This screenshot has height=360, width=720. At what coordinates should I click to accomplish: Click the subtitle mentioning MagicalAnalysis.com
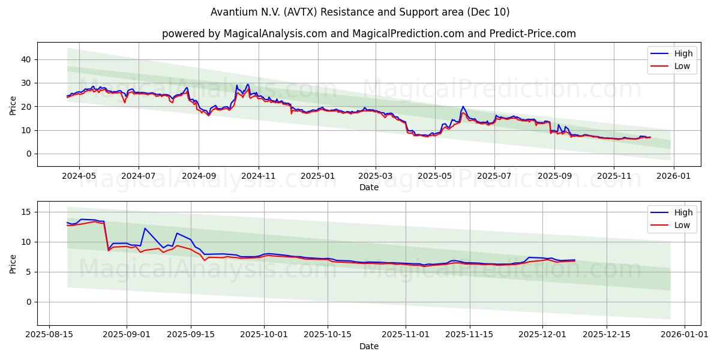[x=368, y=34]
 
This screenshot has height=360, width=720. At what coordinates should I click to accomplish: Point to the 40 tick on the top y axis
[x=26, y=59]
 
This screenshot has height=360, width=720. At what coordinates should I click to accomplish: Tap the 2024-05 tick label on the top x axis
[x=79, y=177]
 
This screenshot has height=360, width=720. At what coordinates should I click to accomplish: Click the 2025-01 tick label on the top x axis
[x=317, y=177]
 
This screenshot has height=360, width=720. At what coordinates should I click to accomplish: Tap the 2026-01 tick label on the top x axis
[x=673, y=177]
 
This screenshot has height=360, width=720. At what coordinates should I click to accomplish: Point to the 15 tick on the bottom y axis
[x=26, y=212]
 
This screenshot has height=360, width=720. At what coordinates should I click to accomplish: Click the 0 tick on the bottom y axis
[x=28, y=302]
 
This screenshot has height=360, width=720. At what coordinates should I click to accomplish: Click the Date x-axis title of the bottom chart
[x=368, y=346]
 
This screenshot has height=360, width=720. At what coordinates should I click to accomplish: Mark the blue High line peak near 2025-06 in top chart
[x=463, y=107]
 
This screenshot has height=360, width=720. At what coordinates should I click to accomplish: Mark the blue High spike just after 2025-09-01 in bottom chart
[x=145, y=228]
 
